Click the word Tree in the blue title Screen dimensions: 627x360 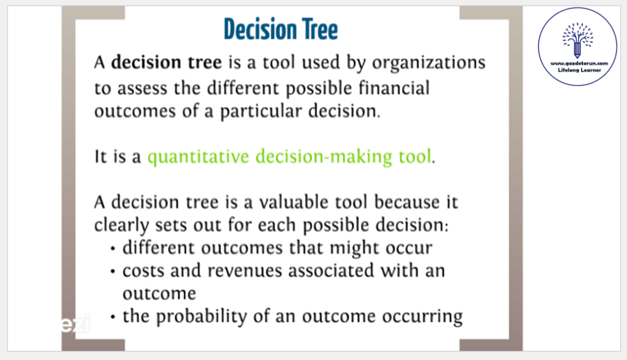[320, 29]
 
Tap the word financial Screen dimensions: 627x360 [394, 88]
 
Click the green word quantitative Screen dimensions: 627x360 [199, 157]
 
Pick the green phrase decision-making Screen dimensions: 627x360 [324, 157]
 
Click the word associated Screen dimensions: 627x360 [331, 271]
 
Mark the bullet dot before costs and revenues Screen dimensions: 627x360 [113, 272]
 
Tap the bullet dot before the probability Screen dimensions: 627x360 [113, 317]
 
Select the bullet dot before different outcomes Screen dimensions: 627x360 [113, 249]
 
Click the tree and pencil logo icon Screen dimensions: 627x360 [577, 40]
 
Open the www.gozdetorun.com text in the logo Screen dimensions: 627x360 [579, 64]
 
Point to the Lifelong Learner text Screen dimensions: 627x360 [579, 71]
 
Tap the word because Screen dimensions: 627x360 [407, 202]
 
